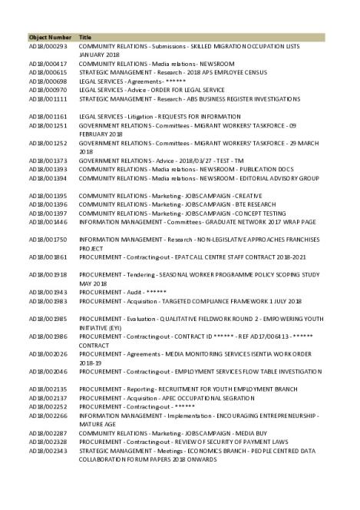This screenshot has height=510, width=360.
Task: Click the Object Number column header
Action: tap(50, 37)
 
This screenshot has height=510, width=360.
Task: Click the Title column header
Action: tap(85, 37)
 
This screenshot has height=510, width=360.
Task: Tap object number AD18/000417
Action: tap(48, 63)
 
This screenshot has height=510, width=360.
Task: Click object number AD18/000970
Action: tap(48, 89)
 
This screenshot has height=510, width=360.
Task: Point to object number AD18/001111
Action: tap(48, 98)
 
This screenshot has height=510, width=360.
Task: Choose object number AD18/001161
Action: tap(48, 115)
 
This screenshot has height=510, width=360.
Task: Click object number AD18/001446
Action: tap(48, 221)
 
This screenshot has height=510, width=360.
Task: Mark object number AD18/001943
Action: tap(48, 293)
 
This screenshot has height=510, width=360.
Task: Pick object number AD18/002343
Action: tap(48, 451)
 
